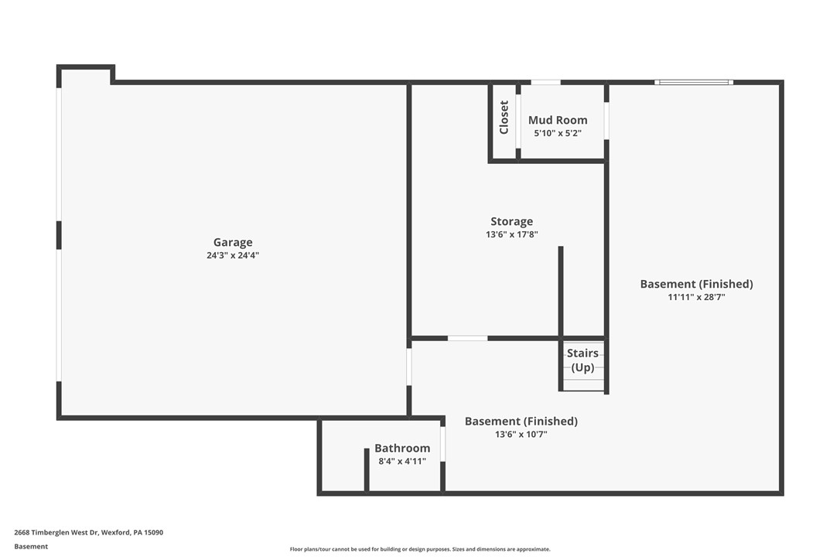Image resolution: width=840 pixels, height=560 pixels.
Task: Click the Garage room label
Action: pyautogui.click(x=233, y=242)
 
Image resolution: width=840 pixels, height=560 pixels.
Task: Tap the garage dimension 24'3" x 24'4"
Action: pyautogui.click(x=233, y=255)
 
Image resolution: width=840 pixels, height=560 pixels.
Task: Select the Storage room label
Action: pyautogui.click(x=511, y=221)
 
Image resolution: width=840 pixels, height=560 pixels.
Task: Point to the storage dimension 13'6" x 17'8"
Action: pyautogui.click(x=511, y=234)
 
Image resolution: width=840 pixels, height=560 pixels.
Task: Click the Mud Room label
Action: pyautogui.click(x=557, y=120)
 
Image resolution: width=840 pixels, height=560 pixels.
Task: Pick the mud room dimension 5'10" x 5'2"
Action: pyautogui.click(x=557, y=133)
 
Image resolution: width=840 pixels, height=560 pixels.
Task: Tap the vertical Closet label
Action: pyautogui.click(x=504, y=118)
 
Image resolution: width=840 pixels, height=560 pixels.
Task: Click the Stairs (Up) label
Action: pyautogui.click(x=582, y=360)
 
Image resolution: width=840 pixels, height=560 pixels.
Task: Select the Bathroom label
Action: pyautogui.click(x=402, y=448)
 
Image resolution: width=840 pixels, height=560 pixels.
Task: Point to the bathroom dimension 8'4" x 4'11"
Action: pyautogui.click(x=402, y=461)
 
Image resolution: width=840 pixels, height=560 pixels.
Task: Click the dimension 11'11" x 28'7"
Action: pyautogui.click(x=696, y=296)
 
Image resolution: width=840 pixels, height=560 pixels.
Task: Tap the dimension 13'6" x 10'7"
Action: pyautogui.click(x=521, y=435)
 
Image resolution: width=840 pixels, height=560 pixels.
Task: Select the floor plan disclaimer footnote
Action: pyautogui.click(x=420, y=549)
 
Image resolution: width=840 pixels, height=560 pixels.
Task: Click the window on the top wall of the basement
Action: pyautogui.click(x=693, y=82)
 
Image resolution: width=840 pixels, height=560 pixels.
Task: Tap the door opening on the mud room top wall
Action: pyautogui.click(x=545, y=82)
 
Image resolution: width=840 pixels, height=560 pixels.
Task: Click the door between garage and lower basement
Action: pyautogui.click(x=409, y=367)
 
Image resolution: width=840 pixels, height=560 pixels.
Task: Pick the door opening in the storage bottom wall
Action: pyautogui.click(x=467, y=338)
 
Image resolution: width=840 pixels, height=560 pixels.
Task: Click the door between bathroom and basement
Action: pyautogui.click(x=442, y=443)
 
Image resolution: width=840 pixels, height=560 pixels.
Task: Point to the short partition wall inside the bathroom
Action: pyautogui.click(x=367, y=470)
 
